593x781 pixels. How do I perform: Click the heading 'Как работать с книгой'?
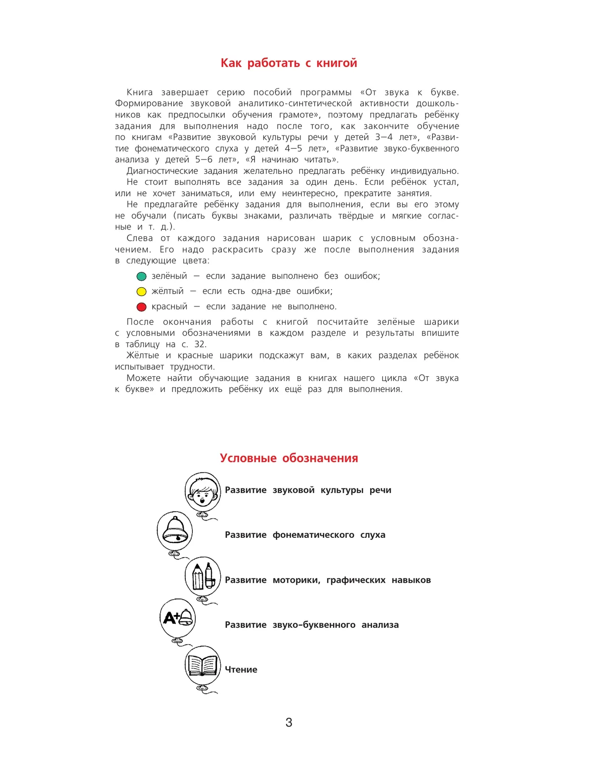click(x=289, y=63)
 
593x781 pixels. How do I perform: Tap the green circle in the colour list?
click(x=141, y=276)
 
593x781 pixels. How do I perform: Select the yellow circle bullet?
click(x=141, y=292)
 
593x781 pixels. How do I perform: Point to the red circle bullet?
click(x=141, y=307)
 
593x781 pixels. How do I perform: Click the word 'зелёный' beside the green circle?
click(x=169, y=276)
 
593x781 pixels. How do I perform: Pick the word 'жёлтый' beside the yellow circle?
click(x=168, y=291)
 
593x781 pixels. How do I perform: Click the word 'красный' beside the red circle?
click(x=169, y=306)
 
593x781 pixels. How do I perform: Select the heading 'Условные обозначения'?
click(x=289, y=458)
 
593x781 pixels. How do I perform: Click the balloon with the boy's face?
click(x=202, y=492)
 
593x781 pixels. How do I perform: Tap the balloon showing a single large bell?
click(x=174, y=532)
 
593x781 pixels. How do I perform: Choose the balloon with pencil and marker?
click(x=203, y=576)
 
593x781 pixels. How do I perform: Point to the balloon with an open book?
click(x=203, y=665)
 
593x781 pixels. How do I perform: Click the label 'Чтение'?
click(x=241, y=670)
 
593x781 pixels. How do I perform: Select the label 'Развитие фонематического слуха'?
click(x=305, y=535)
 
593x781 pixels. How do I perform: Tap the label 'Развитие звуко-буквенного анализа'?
click(x=311, y=625)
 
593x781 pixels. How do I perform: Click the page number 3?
click(x=289, y=723)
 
